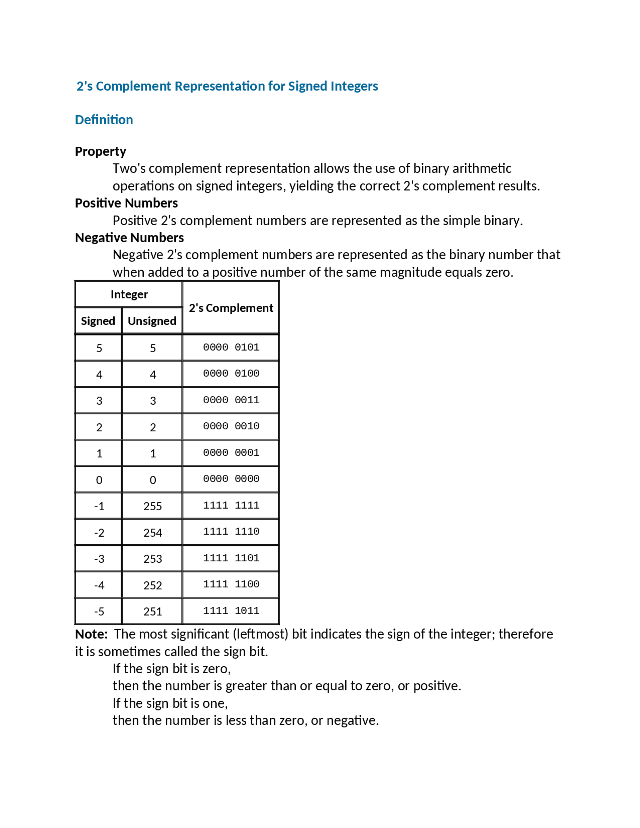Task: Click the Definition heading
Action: coord(104,120)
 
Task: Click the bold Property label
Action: coord(100,151)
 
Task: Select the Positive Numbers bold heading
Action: coord(126,203)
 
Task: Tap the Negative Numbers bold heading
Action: coord(129,237)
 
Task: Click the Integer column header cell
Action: coord(129,294)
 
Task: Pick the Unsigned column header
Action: coord(152,321)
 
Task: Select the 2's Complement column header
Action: coord(231,308)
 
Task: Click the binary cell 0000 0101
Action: coord(231,347)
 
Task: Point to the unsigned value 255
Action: coord(152,506)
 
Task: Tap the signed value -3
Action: coord(99,559)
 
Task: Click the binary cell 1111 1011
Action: coord(231,611)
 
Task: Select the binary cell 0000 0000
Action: coord(231,479)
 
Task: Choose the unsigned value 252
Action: coord(152,585)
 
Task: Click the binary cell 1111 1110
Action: coord(231,532)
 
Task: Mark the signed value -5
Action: coord(99,612)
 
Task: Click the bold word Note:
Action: coord(91,634)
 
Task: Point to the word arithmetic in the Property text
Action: coord(482,168)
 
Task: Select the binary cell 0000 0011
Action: coord(231,400)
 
